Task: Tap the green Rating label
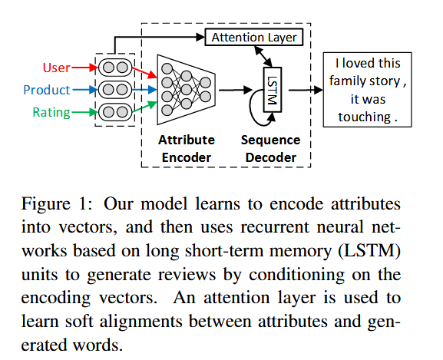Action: tap(51, 113)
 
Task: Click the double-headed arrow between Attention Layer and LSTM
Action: tap(266, 57)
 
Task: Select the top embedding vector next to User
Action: tap(114, 68)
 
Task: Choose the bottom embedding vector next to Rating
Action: tap(114, 113)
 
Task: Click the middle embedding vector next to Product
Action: tap(114, 90)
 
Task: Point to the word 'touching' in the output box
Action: tap(362, 117)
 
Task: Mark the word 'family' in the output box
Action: tap(349, 81)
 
